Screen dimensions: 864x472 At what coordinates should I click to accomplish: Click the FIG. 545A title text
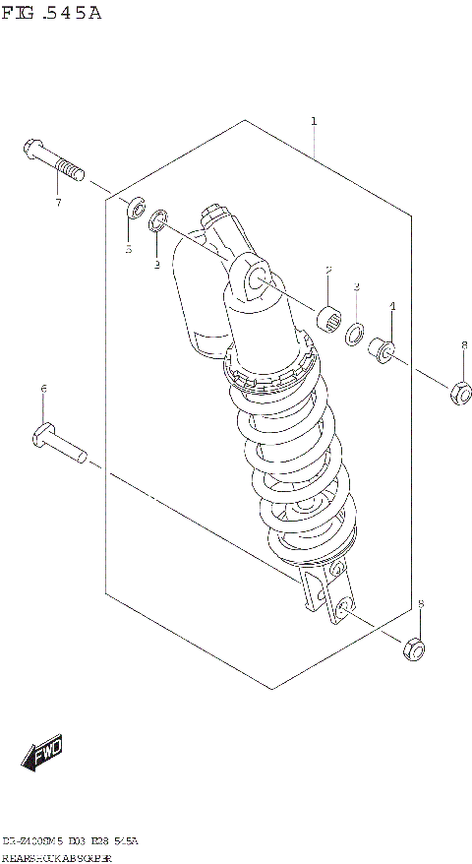50,14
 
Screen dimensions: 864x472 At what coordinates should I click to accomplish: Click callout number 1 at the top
314,121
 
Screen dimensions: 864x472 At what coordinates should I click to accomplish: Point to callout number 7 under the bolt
58,203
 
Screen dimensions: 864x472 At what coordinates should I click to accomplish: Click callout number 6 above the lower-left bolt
43,390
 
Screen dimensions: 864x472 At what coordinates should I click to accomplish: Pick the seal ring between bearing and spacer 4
356,335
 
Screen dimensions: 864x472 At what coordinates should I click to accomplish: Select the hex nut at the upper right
457,393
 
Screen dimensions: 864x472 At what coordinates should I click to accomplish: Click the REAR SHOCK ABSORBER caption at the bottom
58,858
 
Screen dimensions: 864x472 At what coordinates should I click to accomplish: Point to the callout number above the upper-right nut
464,345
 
